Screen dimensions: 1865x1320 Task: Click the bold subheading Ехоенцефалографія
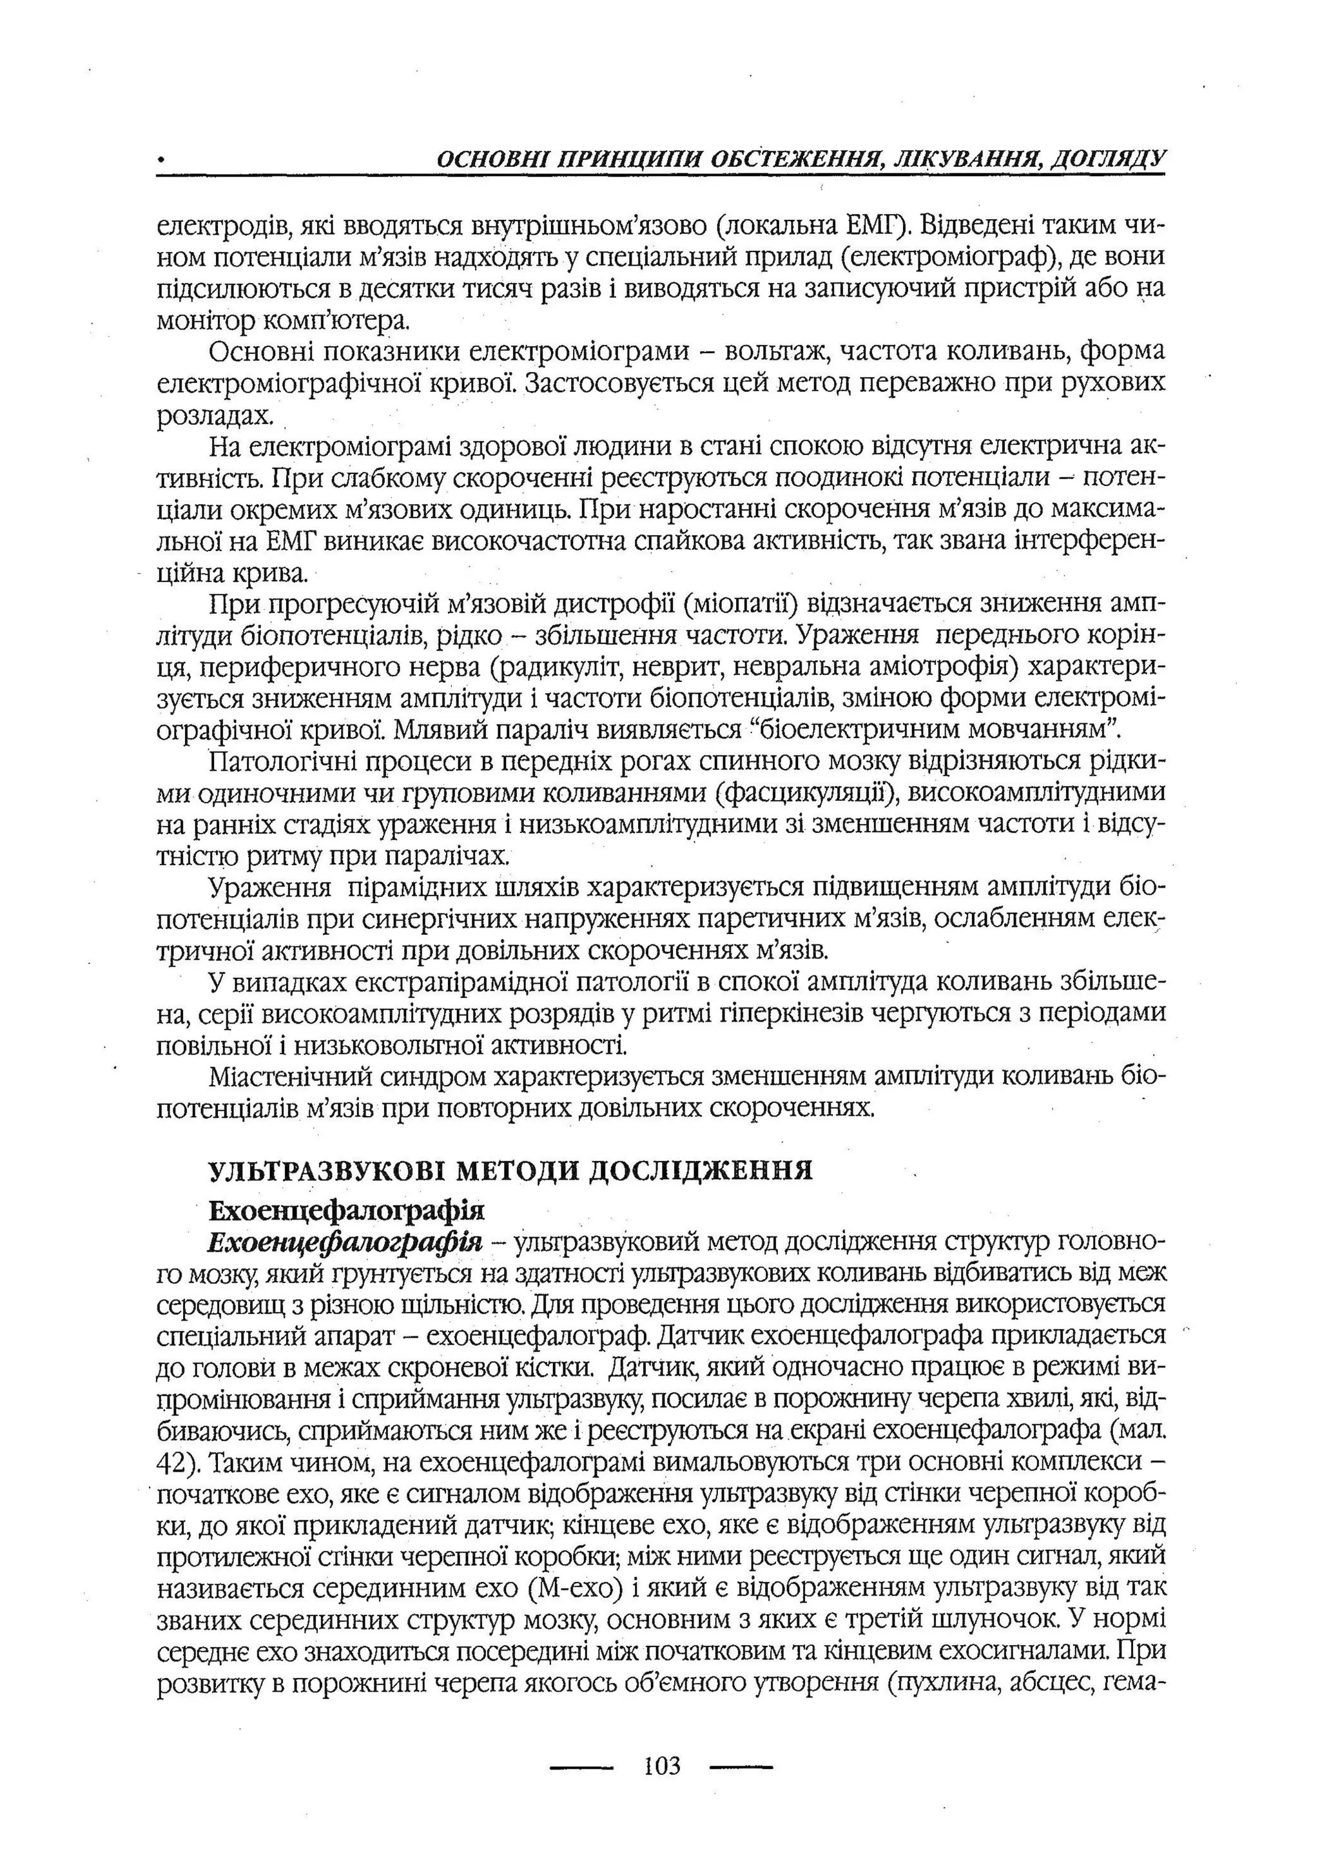(346, 1211)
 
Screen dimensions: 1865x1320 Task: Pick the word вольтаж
(772, 351)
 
